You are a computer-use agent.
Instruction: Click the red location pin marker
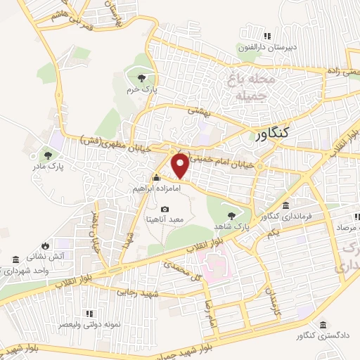(x=181, y=166)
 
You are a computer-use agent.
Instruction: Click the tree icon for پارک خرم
(x=142, y=78)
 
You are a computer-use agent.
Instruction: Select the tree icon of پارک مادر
(x=48, y=154)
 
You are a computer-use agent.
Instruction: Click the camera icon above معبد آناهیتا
(x=165, y=209)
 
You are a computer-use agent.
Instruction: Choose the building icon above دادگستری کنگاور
(x=322, y=326)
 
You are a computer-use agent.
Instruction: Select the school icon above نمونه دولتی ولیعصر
(x=89, y=314)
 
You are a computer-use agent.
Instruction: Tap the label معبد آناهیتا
(x=165, y=219)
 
